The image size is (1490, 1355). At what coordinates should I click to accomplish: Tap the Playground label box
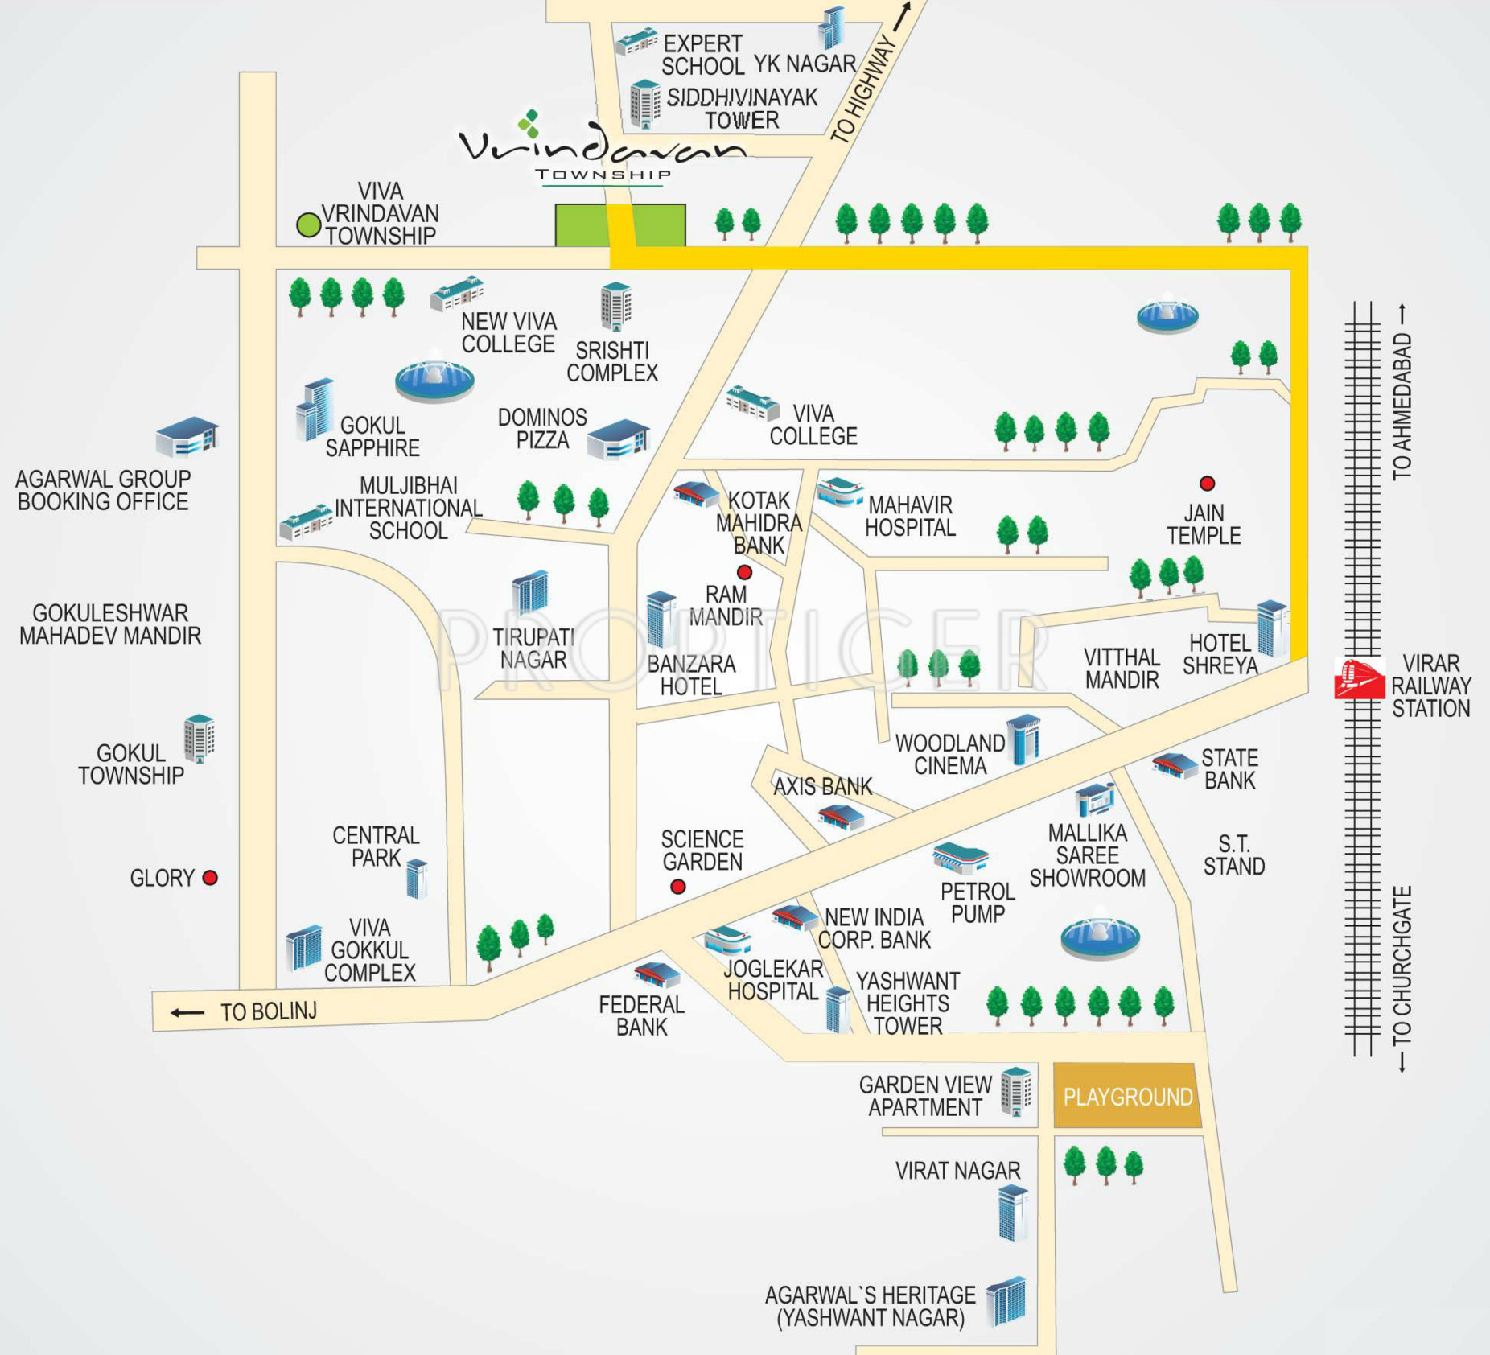click(x=1127, y=1095)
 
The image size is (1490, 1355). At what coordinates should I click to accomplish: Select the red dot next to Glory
click(x=210, y=878)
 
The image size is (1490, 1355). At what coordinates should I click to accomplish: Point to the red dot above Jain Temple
click(x=1207, y=484)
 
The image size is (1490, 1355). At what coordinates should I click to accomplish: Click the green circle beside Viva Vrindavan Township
click(x=309, y=225)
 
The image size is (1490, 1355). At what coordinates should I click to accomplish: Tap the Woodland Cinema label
click(x=950, y=754)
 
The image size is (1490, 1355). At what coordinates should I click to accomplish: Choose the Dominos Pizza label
click(x=542, y=428)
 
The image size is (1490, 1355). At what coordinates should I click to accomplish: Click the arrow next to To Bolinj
click(x=187, y=1012)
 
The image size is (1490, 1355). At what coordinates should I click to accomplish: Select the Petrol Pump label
click(x=978, y=903)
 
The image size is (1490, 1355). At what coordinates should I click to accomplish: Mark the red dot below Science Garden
click(x=678, y=887)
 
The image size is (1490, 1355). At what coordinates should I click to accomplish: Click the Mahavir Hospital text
click(x=910, y=517)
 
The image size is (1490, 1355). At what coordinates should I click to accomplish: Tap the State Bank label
click(x=1229, y=769)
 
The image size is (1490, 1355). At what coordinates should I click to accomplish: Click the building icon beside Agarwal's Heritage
click(x=1006, y=1301)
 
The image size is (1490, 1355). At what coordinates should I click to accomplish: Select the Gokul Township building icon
click(x=199, y=739)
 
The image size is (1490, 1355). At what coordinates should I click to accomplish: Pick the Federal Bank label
click(x=641, y=1015)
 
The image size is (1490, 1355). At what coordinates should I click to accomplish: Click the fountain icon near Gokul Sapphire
click(x=434, y=377)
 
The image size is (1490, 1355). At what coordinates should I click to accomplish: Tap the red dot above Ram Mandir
click(x=745, y=572)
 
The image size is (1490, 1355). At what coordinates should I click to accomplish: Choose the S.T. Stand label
click(x=1234, y=855)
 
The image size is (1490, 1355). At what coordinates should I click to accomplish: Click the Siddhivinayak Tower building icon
click(x=645, y=104)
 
